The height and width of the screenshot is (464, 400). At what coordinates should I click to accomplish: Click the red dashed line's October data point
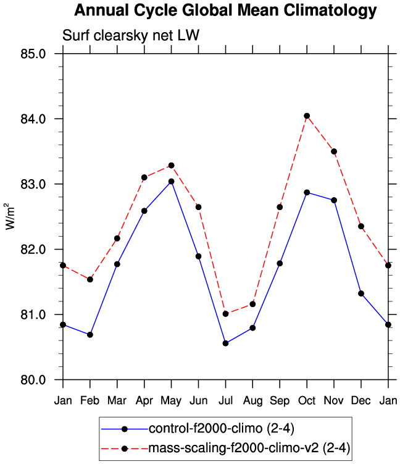coord(307,116)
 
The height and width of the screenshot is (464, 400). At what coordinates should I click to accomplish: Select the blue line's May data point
coord(171,182)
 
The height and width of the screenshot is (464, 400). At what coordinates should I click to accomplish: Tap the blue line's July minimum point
coord(225,344)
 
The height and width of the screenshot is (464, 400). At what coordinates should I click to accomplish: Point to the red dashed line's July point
coord(225,314)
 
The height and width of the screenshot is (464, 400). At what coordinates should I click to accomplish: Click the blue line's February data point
coord(90,335)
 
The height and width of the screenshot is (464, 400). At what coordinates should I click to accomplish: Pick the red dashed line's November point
coord(334,151)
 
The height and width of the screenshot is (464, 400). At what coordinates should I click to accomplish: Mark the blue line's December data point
coord(361,293)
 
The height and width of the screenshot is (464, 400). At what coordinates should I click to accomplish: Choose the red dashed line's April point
coord(144,177)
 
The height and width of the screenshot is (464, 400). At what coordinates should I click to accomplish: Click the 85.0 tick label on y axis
coord(35,54)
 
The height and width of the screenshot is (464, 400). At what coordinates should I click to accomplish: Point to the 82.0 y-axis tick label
coord(35,250)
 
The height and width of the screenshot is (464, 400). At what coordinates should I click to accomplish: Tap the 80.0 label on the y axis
coord(35,380)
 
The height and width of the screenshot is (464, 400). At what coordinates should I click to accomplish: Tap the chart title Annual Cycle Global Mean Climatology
coord(225,11)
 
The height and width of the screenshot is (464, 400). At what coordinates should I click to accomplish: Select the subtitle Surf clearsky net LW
coord(131,36)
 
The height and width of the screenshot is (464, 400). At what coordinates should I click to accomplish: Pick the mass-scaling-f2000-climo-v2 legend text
coord(249,447)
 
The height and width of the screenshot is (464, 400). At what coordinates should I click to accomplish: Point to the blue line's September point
coord(280,263)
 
